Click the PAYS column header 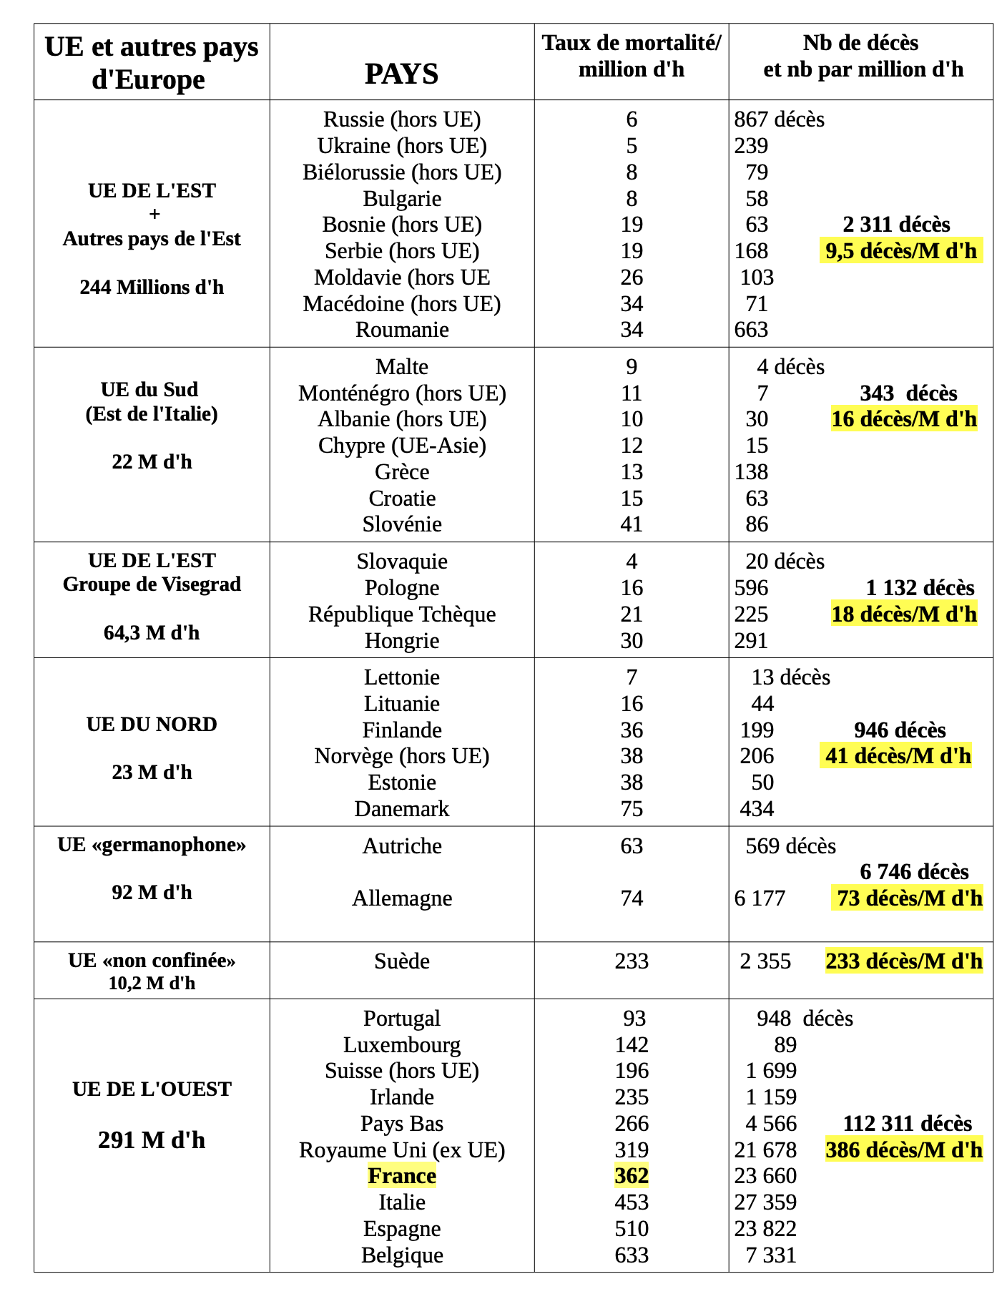(401, 74)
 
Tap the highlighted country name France (402, 1176)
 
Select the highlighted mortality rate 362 (632, 1176)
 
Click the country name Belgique (402, 1255)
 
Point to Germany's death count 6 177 (760, 898)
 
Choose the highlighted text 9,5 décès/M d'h (900, 250)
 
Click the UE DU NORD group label (152, 724)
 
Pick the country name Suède (402, 961)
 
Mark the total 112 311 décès (907, 1123)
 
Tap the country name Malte (402, 367)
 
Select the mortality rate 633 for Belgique (632, 1255)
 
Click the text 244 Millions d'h (152, 287)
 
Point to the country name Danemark (402, 808)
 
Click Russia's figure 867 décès (779, 119)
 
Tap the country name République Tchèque (402, 614)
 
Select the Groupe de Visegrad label (152, 584)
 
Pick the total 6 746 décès (914, 871)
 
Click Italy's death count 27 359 (765, 1202)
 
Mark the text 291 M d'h (152, 1139)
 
